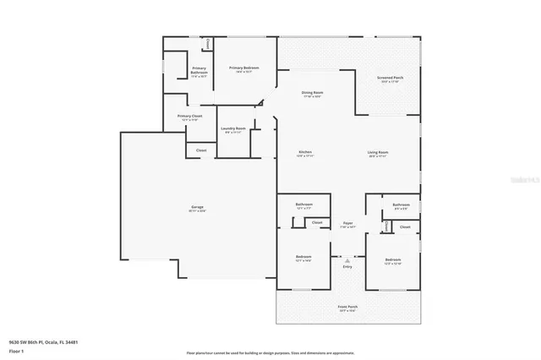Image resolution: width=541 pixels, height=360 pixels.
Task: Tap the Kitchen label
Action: [x=305, y=152]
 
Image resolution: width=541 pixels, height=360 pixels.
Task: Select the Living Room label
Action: [x=377, y=152]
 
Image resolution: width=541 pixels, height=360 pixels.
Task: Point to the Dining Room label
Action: [x=313, y=92]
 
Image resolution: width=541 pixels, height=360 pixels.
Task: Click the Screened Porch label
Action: [x=390, y=77]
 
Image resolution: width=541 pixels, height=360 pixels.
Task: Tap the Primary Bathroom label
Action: [x=199, y=70]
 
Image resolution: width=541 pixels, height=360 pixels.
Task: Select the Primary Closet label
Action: [x=189, y=117]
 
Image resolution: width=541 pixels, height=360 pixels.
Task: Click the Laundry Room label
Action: [x=232, y=128]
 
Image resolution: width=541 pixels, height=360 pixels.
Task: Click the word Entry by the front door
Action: [x=347, y=266]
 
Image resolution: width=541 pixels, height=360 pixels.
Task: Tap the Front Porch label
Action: [x=347, y=308]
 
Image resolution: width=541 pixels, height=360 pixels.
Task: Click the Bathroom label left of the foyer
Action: [x=304, y=205]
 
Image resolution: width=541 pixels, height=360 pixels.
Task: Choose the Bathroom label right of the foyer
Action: [x=401, y=205]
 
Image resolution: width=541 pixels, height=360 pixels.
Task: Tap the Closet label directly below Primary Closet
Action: [x=201, y=150]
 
